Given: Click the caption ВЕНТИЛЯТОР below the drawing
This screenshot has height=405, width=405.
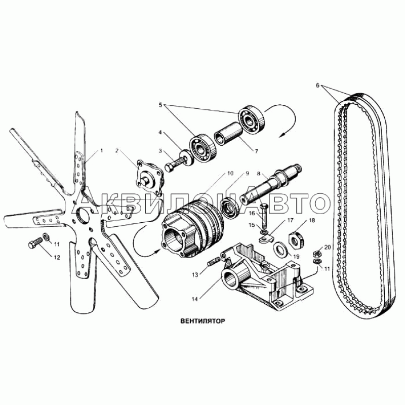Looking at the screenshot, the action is pyautogui.click(x=203, y=321).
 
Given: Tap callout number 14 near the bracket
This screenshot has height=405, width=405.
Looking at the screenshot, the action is pyautogui.click(x=195, y=299).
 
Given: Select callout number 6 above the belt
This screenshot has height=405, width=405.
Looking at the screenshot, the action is pyautogui.click(x=318, y=86).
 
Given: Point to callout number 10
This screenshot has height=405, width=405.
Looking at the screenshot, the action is pyautogui.click(x=230, y=173).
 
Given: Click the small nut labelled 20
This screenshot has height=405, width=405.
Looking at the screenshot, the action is pyautogui.click(x=317, y=253).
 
